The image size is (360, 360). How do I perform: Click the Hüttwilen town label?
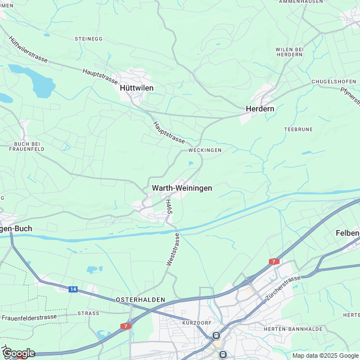[137, 88]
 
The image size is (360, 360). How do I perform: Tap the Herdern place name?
[259, 109]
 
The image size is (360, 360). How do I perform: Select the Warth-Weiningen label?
[182, 188]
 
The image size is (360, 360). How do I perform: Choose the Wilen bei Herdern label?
[290, 52]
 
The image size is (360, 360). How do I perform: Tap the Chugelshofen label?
[335, 82]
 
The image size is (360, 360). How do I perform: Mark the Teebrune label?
[298, 129]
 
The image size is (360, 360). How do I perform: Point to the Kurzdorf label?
[195, 323]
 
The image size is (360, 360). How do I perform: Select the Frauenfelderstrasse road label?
[29, 317]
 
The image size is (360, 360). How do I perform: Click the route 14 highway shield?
[73, 289]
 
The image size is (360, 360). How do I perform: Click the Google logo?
[19, 353]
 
